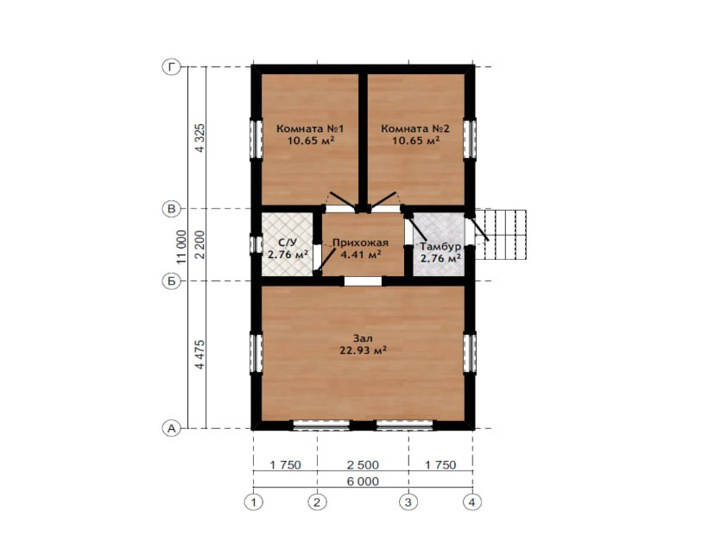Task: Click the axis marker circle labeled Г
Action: click(x=172, y=67)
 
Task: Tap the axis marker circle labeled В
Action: click(x=172, y=209)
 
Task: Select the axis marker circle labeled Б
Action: click(x=172, y=280)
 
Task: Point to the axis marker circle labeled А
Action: click(x=172, y=428)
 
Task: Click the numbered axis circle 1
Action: click(x=254, y=502)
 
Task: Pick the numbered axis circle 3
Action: click(x=408, y=502)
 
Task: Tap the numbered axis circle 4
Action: click(x=472, y=502)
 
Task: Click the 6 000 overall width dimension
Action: click(x=363, y=482)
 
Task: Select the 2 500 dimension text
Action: click(x=363, y=465)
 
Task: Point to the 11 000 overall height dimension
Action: click(x=182, y=247)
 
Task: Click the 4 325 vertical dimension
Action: click(x=200, y=138)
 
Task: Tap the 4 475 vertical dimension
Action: click(x=200, y=354)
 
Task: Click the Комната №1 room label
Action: click(x=310, y=129)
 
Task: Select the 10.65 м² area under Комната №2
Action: click(x=416, y=140)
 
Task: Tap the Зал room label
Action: click(x=363, y=338)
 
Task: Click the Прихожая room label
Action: click(x=360, y=243)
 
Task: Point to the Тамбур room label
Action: click(x=440, y=247)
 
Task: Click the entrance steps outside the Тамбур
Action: click(x=501, y=234)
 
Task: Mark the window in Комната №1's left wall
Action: click(x=256, y=139)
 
